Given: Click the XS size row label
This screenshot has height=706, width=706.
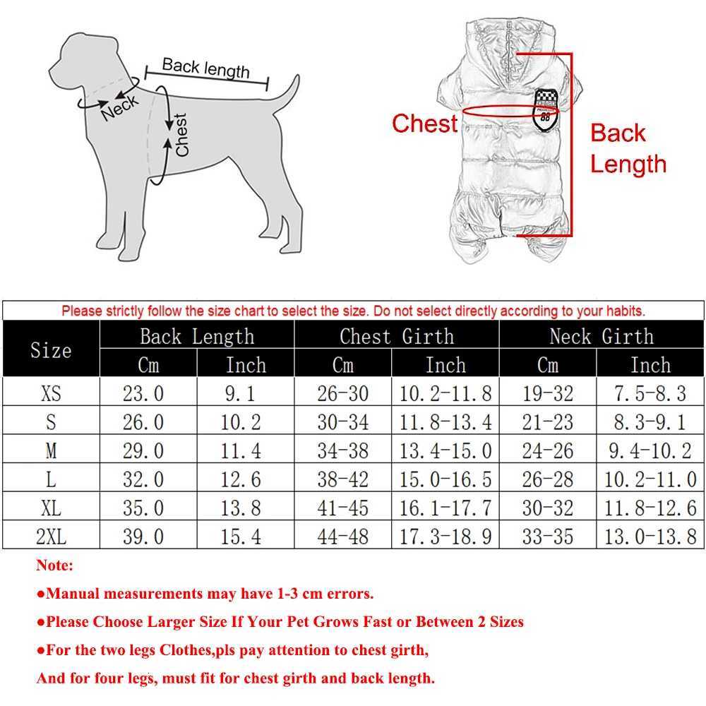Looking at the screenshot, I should (51, 393).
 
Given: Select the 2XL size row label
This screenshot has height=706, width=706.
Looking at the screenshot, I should (51, 536).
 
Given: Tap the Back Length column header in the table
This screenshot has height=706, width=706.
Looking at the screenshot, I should (197, 336).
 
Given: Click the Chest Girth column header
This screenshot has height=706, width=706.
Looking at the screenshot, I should (397, 336).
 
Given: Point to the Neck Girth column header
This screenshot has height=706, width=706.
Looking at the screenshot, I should (602, 336).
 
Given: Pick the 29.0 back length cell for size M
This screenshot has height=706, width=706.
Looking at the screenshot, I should (143, 450).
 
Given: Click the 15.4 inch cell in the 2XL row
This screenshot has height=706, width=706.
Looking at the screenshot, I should (244, 536).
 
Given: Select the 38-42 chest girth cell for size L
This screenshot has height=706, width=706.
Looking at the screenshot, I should (342, 479).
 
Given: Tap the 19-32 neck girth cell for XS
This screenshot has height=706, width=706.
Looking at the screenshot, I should (547, 393).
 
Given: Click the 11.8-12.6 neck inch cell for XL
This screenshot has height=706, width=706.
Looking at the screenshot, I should (650, 508).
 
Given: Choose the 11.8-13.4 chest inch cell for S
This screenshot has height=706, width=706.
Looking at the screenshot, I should (445, 421).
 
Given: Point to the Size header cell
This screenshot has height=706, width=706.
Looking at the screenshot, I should (51, 350).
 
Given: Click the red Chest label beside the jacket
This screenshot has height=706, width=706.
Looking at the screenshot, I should (424, 124).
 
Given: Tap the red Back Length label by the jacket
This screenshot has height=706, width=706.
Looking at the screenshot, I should (627, 148).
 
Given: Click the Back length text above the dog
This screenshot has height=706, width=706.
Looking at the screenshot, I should (205, 68).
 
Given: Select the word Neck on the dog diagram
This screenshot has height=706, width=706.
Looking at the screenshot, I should (120, 107).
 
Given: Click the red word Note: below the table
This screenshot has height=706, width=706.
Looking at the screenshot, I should (55, 566).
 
